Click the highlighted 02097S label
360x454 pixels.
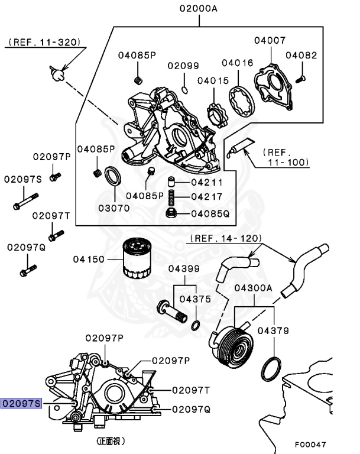point(21,403)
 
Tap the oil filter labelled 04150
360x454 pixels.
point(137,258)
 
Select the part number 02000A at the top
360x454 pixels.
point(199,8)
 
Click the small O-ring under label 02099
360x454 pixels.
point(184,90)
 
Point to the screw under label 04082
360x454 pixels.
point(300,79)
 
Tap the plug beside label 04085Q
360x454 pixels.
point(171,213)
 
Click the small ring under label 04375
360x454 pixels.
point(196,326)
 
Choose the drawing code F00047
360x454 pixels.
point(310,445)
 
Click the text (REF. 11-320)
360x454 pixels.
point(44,43)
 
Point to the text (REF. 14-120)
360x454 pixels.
point(226,238)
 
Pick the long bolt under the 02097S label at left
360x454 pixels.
point(26,201)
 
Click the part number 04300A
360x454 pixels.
point(254,288)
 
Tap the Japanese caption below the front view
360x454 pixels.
point(111,441)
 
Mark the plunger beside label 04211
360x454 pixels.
point(171,182)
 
